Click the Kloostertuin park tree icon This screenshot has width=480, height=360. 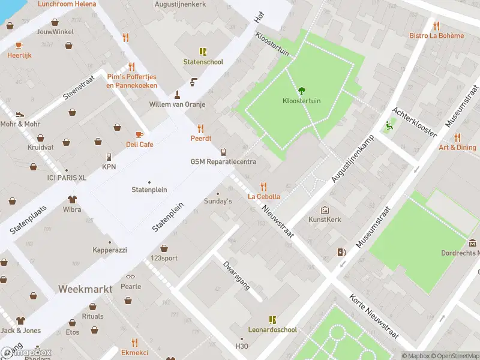point(301,91)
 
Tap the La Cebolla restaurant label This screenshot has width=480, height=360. point(264,196)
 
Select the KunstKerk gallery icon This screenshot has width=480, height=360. point(325,210)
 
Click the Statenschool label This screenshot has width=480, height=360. point(203,62)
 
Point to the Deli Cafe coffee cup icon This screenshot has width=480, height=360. point(139,134)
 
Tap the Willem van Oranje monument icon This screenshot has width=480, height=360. point(177,94)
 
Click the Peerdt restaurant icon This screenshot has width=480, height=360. point(200,128)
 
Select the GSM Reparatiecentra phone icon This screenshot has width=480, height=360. point(223,152)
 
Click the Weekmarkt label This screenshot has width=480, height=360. point(85,289)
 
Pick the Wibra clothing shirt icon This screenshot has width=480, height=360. point(73,199)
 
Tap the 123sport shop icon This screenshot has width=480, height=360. point(164,248)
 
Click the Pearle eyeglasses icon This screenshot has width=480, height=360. point(130,277)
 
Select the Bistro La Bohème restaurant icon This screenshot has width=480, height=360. point(436,26)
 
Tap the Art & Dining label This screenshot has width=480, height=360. point(457,148)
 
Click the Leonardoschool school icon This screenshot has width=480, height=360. point(272,320)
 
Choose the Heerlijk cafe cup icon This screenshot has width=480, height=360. point(19,45)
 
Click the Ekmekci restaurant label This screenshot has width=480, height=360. point(134,352)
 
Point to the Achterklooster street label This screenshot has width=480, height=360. point(413,122)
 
